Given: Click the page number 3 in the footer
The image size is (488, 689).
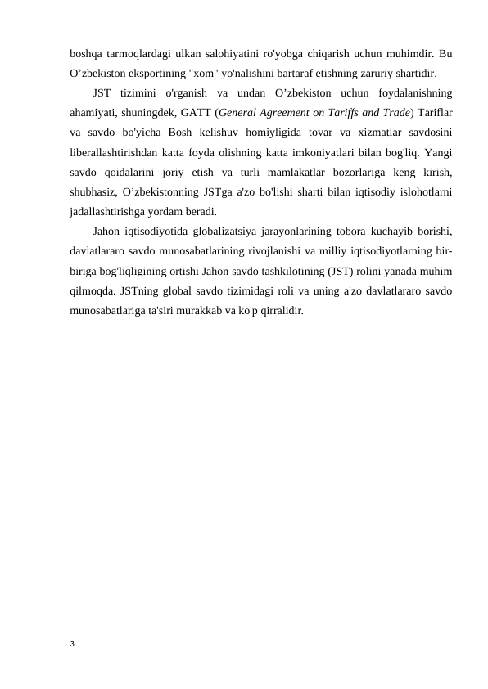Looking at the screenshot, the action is click(71, 644).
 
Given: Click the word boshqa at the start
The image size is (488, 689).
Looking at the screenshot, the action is click(86, 55).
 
